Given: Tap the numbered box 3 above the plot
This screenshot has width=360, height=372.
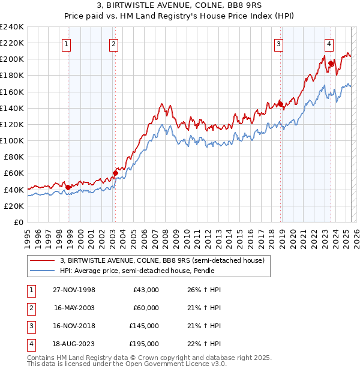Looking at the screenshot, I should [x=279, y=43].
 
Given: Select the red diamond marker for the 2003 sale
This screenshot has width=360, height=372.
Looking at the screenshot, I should [x=115, y=173].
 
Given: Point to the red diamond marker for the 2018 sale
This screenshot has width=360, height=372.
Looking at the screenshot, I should [x=280, y=104].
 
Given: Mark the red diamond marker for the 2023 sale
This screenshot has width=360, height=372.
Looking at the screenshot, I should [x=331, y=63].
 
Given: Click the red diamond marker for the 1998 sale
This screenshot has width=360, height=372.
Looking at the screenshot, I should [x=68, y=187].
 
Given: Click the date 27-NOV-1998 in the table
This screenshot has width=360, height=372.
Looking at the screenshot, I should [x=74, y=290].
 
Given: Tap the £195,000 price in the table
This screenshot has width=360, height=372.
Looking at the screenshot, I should [x=144, y=344].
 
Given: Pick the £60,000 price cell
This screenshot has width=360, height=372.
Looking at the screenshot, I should [x=146, y=308].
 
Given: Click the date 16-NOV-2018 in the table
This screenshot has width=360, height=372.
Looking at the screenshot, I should [x=74, y=326].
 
